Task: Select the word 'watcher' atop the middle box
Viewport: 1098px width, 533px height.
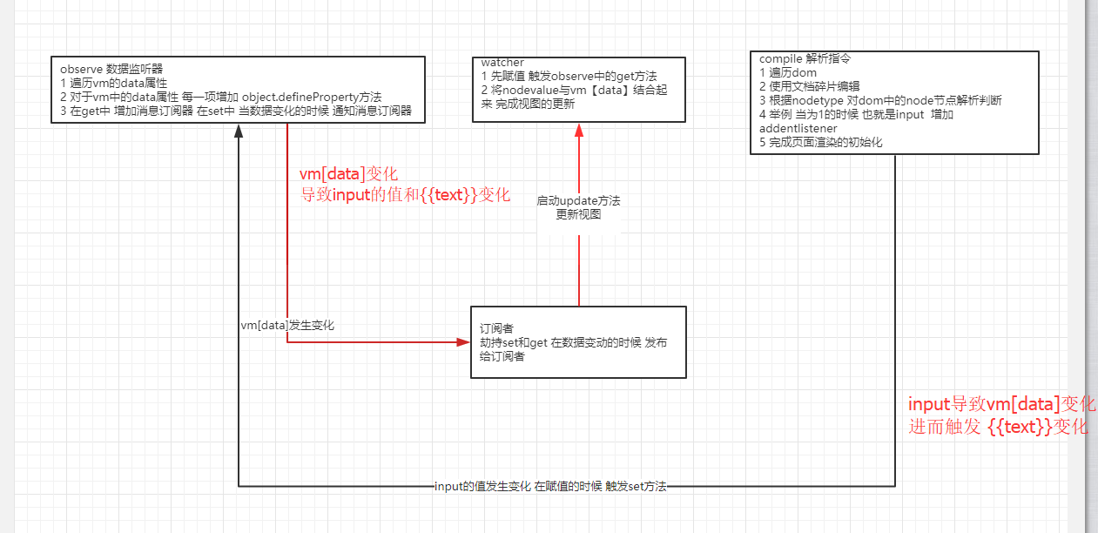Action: [502, 63]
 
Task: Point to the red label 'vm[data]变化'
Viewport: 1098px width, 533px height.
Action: [348, 174]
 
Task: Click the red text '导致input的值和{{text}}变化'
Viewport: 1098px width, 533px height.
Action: [405, 194]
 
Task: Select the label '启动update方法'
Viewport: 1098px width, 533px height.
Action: [578, 201]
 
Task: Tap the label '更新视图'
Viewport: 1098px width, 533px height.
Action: [578, 214]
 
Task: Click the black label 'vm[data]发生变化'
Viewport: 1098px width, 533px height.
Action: [287, 325]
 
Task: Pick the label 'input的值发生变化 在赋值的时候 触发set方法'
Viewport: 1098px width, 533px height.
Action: [550, 487]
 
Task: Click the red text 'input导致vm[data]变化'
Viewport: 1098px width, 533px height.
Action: [1001, 405]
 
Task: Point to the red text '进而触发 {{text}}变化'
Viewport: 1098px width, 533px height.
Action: [998, 427]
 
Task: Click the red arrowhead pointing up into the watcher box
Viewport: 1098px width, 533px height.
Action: [578, 131]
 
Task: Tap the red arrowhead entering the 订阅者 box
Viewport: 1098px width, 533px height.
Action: [463, 342]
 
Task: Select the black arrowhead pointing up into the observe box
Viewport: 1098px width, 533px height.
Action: [238, 132]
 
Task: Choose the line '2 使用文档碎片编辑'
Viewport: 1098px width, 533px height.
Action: [810, 86]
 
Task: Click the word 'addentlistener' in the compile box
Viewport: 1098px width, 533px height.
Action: [798, 128]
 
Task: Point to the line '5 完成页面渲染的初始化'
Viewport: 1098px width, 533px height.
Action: [820, 142]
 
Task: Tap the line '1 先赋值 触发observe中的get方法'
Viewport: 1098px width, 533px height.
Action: [569, 77]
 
